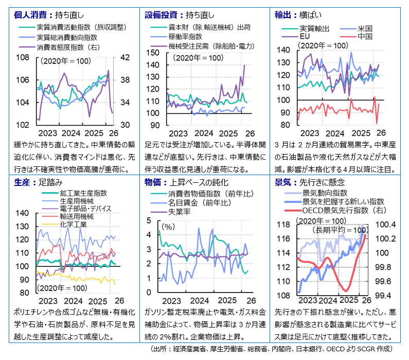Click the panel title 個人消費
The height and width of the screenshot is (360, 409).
click(30, 15)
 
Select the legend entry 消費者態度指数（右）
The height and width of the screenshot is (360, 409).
click(68, 47)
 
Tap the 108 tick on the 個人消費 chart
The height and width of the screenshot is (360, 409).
click(23, 57)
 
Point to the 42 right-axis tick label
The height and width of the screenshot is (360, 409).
click(125, 57)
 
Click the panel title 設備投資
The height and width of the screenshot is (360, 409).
click(161, 15)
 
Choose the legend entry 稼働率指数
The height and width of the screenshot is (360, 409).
click(185, 37)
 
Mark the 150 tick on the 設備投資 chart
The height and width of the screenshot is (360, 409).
click(153, 53)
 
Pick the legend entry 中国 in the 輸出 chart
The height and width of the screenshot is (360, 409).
click(365, 36)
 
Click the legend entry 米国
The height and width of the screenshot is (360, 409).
click(365, 28)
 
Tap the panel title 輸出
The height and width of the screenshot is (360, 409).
click(283, 15)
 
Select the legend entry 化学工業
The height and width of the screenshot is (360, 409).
click(73, 224)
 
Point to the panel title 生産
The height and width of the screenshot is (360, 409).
click(22, 182)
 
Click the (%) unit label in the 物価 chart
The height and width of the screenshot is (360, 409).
click(168, 227)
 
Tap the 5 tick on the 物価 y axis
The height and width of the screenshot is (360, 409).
click(149, 220)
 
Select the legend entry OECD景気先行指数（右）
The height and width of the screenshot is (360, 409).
click(344, 210)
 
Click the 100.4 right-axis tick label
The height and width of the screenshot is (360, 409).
click(385, 225)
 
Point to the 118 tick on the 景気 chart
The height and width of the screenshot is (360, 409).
click(283, 225)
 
